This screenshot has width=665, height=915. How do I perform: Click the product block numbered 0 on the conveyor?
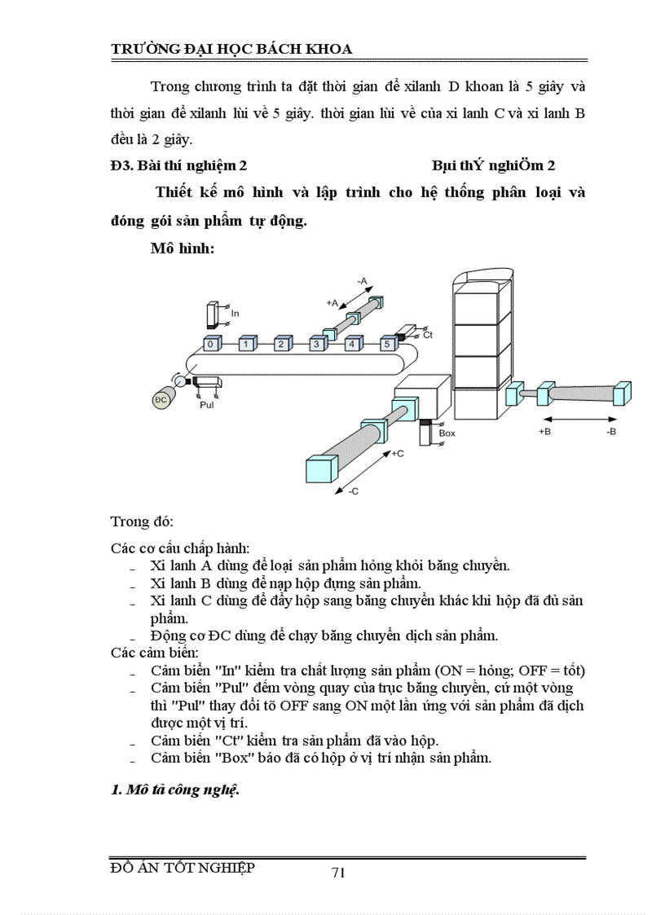211,345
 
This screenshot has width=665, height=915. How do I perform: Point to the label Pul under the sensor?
207,403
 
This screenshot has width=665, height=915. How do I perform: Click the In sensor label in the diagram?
236,313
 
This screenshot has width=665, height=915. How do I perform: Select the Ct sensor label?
429,335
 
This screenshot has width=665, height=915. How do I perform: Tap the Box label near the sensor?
447,433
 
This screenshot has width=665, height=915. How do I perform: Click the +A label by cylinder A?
332,302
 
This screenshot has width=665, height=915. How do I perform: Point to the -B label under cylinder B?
610,432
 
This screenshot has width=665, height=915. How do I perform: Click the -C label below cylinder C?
353,491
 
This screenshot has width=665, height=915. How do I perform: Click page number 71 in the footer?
339,873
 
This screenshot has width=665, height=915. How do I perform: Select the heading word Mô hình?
182,249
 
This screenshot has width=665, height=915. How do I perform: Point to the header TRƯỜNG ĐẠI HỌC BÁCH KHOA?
231,49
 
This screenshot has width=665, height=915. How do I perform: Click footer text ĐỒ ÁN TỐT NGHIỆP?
183,868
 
